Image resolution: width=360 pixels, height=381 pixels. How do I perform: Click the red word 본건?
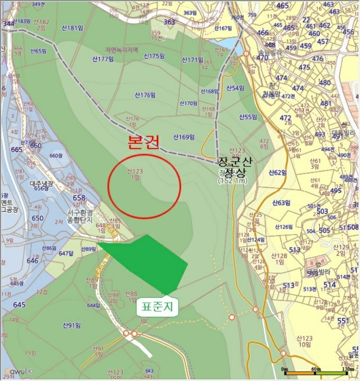pyautogui.click(x=144, y=143)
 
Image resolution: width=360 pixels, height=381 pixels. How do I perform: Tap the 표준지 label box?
pyautogui.click(x=157, y=306)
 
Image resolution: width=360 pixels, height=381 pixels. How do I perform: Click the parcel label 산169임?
pyautogui.click(x=184, y=137)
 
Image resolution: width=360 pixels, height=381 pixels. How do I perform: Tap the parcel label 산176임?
pyautogui.click(x=145, y=95)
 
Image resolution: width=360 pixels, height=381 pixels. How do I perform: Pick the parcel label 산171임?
pyautogui.click(x=192, y=60)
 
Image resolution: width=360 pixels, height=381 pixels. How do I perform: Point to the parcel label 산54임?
pyautogui.click(x=234, y=88)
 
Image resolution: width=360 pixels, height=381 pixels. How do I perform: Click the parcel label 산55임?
pyautogui.click(x=247, y=117)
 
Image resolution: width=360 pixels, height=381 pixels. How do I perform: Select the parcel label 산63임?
pyautogui.click(x=281, y=203)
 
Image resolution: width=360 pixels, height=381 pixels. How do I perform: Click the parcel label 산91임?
pyautogui.click(x=71, y=325)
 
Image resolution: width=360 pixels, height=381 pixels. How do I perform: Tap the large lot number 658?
pyautogui.click(x=79, y=198)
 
